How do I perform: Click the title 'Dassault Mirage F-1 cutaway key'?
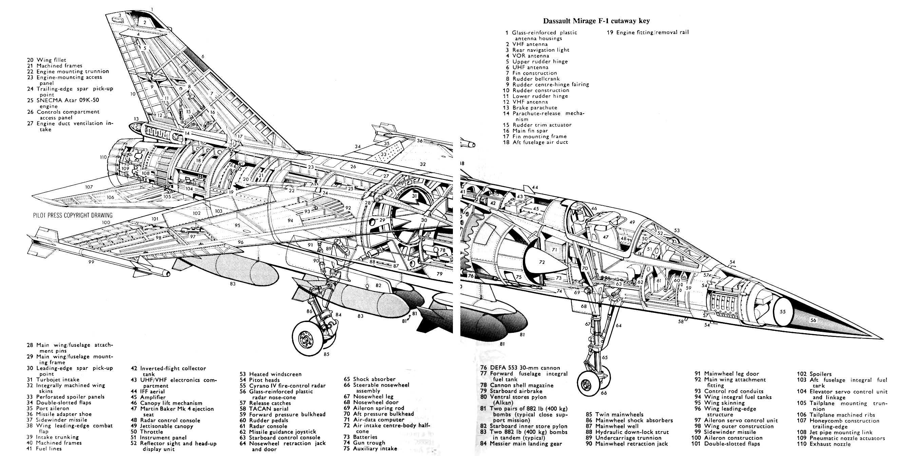[596, 21]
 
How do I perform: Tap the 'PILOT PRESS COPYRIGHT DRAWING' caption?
[73, 215]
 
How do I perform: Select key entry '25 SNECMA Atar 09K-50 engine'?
[63, 103]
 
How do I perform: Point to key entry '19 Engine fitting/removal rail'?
[648, 32]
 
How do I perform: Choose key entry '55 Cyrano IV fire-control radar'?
[282, 385]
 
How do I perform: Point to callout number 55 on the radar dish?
[783, 311]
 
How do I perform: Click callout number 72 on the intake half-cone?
[541, 262]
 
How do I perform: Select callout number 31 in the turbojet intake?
[415, 196]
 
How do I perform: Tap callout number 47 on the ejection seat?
[606, 237]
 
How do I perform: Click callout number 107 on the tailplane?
[89, 187]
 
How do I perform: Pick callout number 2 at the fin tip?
[145, 22]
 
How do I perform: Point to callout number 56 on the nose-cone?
[813, 320]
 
